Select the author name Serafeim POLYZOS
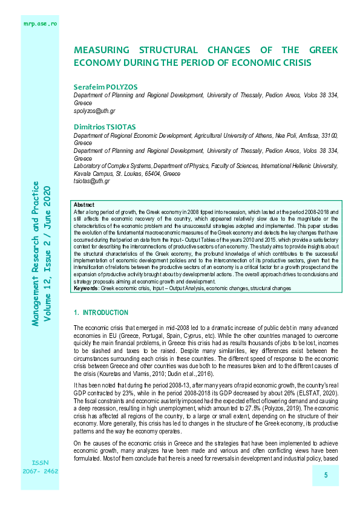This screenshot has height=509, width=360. click(101, 87)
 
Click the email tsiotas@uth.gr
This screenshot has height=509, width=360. click(91, 181)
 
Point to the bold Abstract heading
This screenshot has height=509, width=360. click(83, 206)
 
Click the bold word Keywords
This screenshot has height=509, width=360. click(86, 289)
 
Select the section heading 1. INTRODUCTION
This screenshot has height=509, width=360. click(100, 313)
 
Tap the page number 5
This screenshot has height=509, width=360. click(326, 476)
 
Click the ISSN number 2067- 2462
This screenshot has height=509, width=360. click(41, 436)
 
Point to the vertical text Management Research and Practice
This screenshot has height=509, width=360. click(36, 253)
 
